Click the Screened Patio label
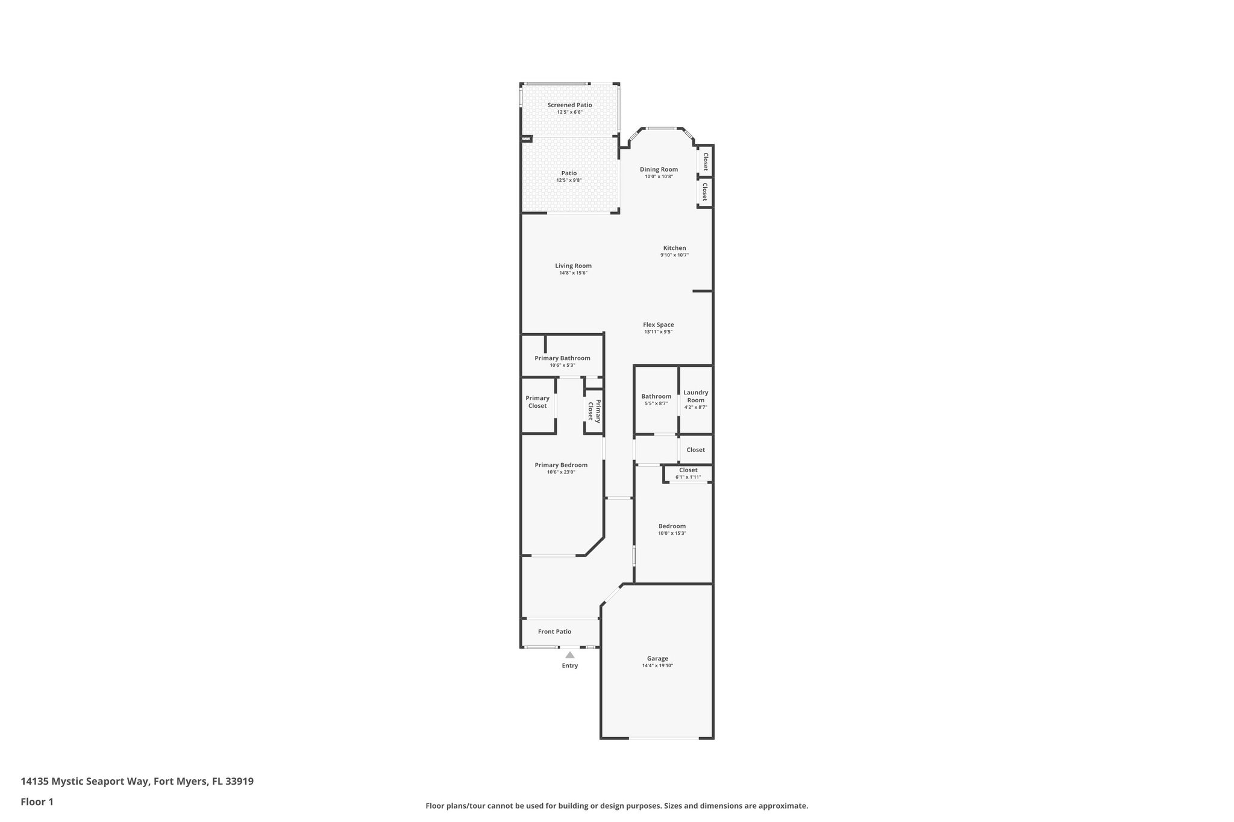click(x=569, y=105)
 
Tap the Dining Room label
click(x=659, y=169)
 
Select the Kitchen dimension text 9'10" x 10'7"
click(x=674, y=255)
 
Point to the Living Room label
click(x=573, y=266)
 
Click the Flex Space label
click(x=658, y=325)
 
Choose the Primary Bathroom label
click(x=562, y=358)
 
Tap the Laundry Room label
click(x=695, y=396)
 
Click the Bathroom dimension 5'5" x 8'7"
click(x=656, y=404)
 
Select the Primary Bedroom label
click(x=561, y=465)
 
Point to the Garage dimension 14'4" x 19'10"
click(x=657, y=665)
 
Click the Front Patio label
click(x=554, y=631)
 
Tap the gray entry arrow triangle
click(x=569, y=655)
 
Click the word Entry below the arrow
click(x=569, y=665)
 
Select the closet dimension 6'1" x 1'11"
click(x=688, y=478)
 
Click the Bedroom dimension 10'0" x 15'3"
click(x=672, y=534)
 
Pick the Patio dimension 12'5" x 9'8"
click(x=569, y=180)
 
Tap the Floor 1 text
click(x=37, y=802)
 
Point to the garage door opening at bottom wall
click(x=664, y=738)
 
